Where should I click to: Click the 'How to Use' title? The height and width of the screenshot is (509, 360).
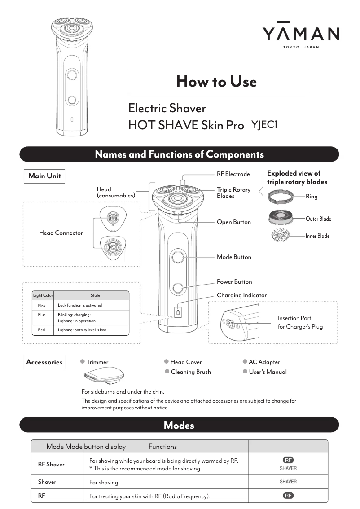click(x=216, y=81)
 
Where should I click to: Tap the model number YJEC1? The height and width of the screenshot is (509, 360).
click(x=264, y=125)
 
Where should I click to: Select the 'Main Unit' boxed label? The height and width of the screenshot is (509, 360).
click(x=44, y=176)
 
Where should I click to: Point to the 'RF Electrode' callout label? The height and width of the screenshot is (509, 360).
click(x=233, y=174)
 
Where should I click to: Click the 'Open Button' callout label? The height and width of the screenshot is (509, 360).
click(x=234, y=222)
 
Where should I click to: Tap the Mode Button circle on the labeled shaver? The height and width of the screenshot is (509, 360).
click(x=178, y=257)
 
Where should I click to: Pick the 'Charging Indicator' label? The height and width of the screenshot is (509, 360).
click(x=241, y=295)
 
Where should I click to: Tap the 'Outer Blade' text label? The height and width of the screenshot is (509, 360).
click(x=318, y=219)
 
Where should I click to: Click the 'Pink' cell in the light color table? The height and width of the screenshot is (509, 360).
click(x=42, y=305)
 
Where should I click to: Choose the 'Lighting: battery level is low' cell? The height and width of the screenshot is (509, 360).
click(x=82, y=330)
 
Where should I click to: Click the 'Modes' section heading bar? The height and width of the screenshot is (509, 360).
click(x=179, y=425)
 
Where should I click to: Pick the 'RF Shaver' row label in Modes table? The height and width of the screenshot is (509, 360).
click(x=51, y=465)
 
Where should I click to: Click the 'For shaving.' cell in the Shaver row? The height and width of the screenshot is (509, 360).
click(x=105, y=483)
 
